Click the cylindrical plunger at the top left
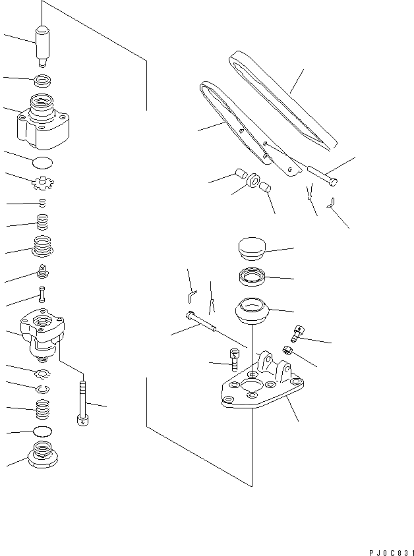[44, 45]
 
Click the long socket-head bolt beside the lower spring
[82, 402]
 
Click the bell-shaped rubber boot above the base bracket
[251, 311]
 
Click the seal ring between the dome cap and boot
[251, 277]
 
